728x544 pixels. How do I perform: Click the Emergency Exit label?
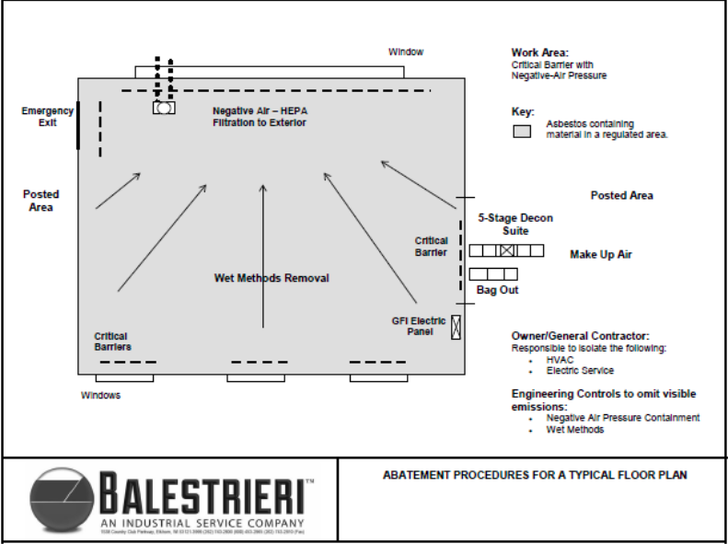[x=47, y=117]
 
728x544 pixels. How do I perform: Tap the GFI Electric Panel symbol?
[x=456, y=327]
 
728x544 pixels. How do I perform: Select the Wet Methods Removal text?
[x=272, y=278]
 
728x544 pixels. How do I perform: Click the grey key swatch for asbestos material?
[x=522, y=131]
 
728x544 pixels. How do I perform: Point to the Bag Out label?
[x=498, y=290]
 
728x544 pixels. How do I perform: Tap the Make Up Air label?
[x=601, y=254]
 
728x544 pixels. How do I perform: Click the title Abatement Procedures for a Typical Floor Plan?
[x=535, y=476]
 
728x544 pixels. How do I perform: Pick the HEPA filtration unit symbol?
[x=164, y=108]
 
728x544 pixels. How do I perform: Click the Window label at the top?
[x=406, y=52]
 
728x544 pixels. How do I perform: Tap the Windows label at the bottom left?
[x=100, y=396]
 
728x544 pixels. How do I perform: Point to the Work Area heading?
[x=540, y=52]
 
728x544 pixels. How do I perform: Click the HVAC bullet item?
[x=559, y=360]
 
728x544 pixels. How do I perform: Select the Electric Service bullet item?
[x=579, y=371]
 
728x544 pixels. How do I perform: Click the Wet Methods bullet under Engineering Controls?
[x=575, y=429]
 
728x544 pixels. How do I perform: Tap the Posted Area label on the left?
[x=41, y=201]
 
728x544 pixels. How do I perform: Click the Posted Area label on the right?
[x=622, y=195]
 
